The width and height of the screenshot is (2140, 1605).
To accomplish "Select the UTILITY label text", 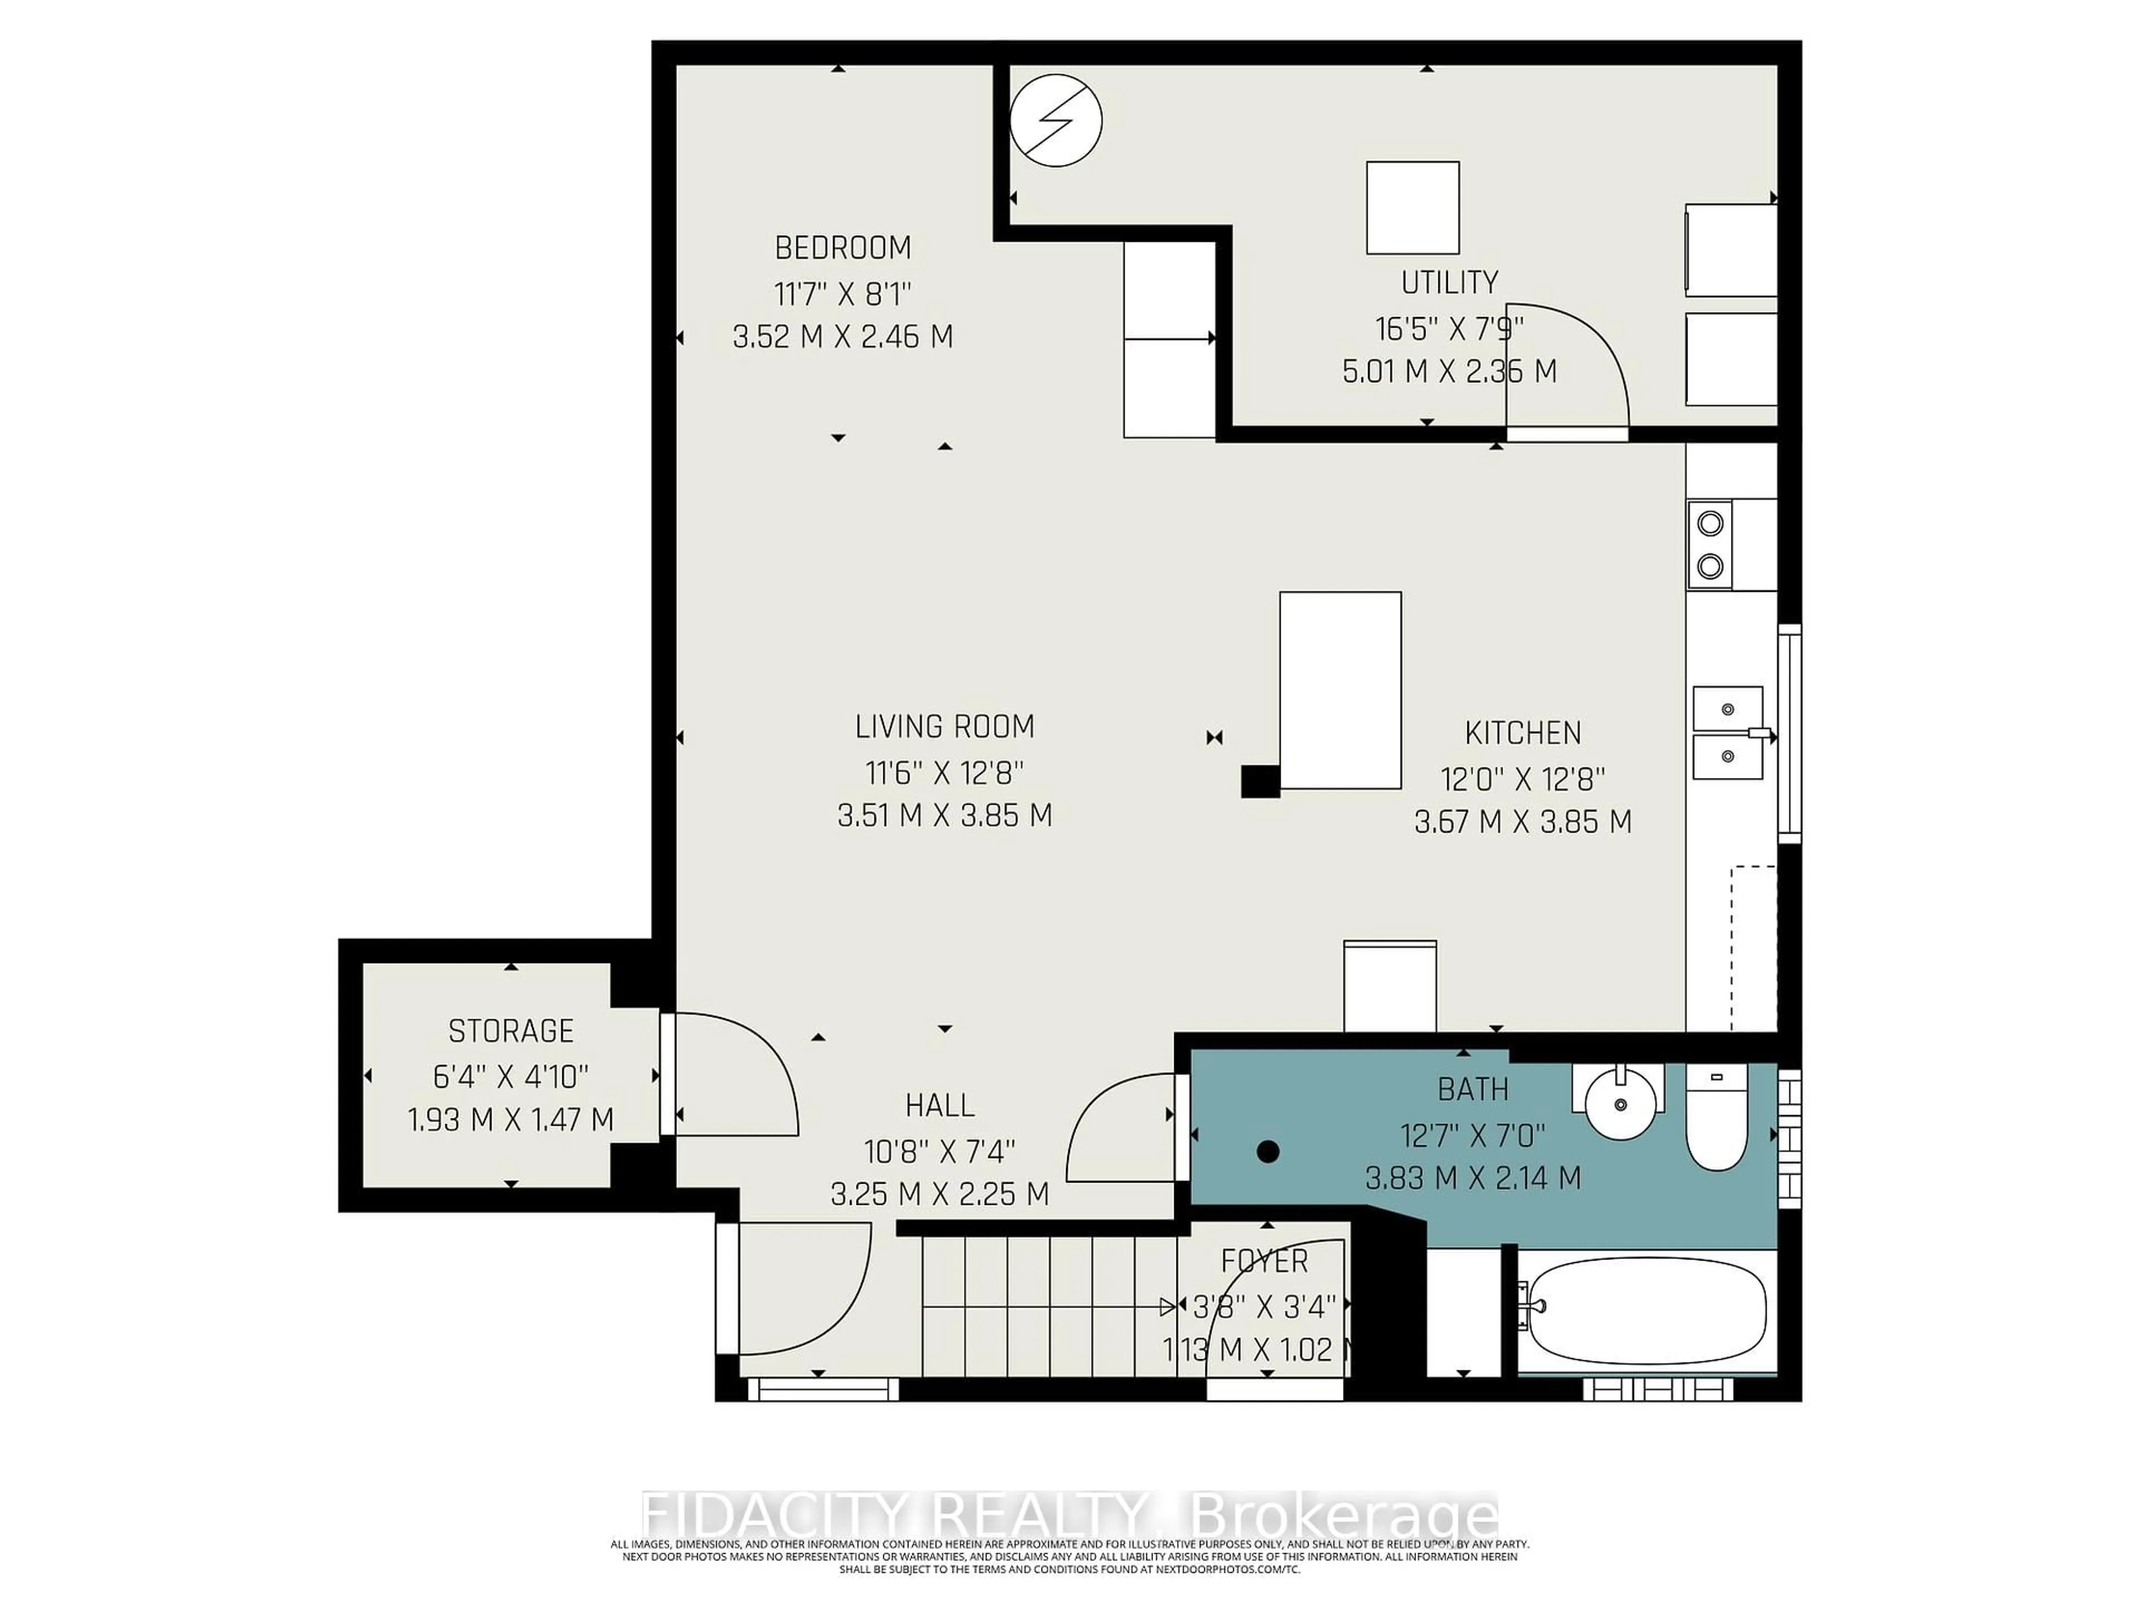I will point(1450,283).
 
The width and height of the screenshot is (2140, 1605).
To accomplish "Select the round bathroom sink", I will point(1619,1102).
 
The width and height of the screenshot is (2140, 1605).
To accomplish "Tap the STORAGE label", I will point(511,1032).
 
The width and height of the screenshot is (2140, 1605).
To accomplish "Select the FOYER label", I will point(1264,1262).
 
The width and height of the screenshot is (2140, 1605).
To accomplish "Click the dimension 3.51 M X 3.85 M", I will point(944,815).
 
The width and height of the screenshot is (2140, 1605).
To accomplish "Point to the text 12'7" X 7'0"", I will point(1472,1135).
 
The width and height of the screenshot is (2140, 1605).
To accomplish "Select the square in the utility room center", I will point(1413,208).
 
